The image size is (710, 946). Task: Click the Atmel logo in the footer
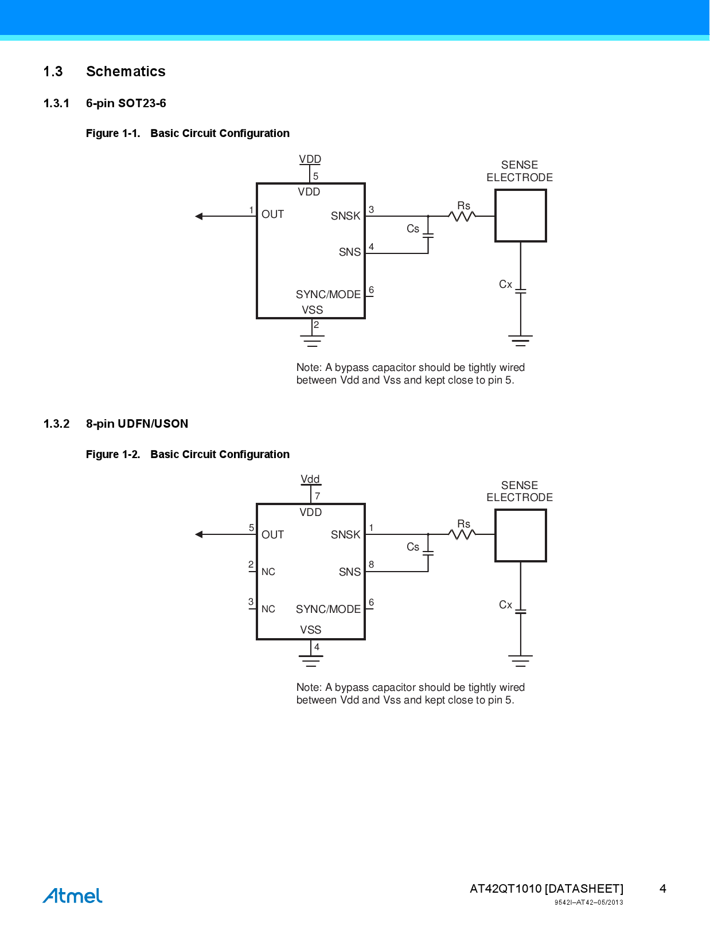pos(73,895)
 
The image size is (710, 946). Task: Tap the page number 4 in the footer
pos(662,889)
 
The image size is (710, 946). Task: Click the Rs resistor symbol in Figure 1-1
pos(462,216)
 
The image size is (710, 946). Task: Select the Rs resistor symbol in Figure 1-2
pos(462,534)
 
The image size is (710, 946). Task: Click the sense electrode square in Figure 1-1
pos(520,216)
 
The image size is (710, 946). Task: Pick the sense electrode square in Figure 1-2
pos(520,535)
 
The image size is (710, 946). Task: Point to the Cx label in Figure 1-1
pos(505,284)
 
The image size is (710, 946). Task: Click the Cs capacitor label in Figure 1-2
pos(413,547)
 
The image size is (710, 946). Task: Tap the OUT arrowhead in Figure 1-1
pos(199,216)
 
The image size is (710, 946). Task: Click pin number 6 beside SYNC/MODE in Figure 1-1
pos(372,290)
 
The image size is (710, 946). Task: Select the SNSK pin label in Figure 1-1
pos(345,216)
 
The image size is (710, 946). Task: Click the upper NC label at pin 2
pos(268,572)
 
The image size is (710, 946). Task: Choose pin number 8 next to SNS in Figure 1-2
pos(372,565)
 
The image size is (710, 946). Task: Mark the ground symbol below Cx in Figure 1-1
pos(520,341)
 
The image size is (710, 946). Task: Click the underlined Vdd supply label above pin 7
pos(310,479)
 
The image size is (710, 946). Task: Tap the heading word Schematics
pos(126,72)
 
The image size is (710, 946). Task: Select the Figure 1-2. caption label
pos(113,455)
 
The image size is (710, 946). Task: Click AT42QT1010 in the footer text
pos(505,889)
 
